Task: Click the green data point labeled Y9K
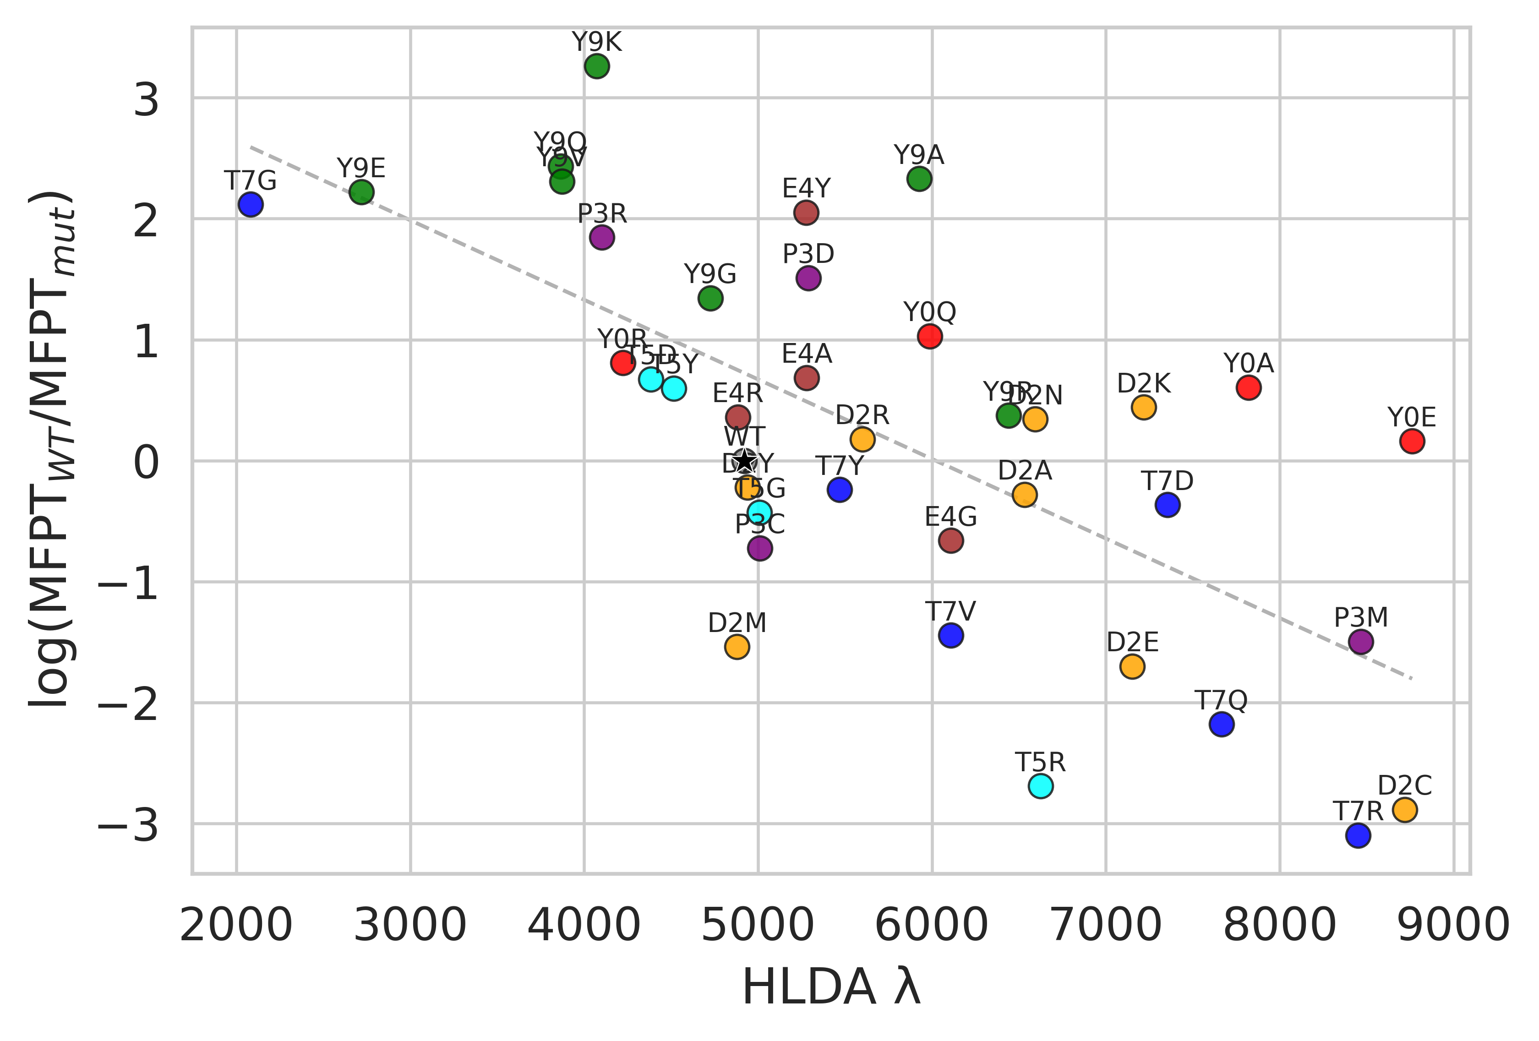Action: coord(597,66)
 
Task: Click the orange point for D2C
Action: coord(1405,809)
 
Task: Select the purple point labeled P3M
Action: coord(1361,642)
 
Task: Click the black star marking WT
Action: coord(745,460)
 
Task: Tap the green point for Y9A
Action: coord(919,178)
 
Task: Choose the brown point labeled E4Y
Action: coord(806,213)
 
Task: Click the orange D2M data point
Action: coord(737,646)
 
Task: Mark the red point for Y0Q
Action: coord(930,337)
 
